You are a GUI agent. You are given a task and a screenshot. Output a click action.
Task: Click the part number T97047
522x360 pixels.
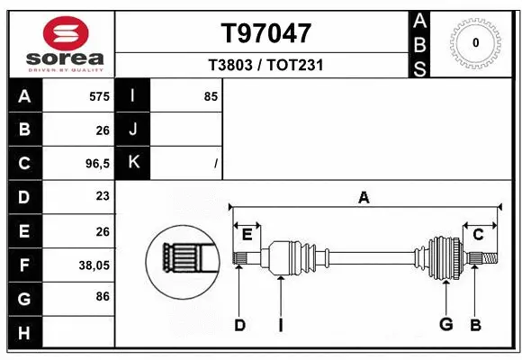(x=266, y=33)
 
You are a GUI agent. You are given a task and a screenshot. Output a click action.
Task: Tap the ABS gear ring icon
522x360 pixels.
(x=475, y=41)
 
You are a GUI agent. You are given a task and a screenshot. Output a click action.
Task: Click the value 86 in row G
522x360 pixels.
(x=102, y=296)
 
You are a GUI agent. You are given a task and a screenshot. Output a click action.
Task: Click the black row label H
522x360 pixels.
(x=23, y=333)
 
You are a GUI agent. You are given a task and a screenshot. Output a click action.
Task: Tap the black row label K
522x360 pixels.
(x=133, y=163)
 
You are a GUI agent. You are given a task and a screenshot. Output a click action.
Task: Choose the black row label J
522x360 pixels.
(x=133, y=130)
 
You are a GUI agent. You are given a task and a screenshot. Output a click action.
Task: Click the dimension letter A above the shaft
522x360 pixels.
(x=364, y=198)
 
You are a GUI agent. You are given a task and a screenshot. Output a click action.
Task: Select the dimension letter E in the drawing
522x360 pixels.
(x=247, y=234)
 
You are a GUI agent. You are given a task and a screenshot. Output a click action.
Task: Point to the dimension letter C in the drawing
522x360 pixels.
(x=478, y=234)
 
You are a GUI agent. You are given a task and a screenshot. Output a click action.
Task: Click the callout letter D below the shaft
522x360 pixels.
(x=239, y=325)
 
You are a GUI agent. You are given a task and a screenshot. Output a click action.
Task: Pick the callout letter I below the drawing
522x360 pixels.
(x=280, y=325)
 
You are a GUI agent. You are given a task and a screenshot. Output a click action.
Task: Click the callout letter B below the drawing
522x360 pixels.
(x=476, y=325)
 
